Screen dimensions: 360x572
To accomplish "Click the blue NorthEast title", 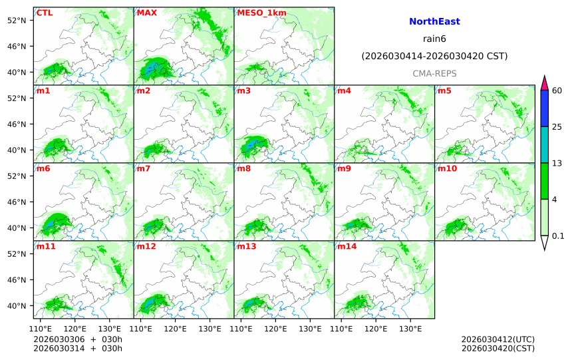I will coord(434,21).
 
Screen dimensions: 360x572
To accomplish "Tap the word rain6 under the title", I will coord(434,39).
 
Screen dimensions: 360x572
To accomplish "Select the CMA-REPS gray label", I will coord(434,73).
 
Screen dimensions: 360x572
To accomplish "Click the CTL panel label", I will coord(44,13).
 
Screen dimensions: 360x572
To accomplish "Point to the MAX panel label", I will coord(146,13).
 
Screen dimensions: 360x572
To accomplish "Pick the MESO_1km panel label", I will coord(257,13).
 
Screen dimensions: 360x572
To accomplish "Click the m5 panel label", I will coord(444,90).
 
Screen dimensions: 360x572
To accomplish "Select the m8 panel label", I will coord(243,168).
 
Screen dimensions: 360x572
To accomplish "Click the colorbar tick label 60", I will coord(558,90).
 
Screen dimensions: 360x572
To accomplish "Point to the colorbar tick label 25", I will coord(558,127).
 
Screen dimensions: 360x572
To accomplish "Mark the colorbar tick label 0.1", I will coord(558,236).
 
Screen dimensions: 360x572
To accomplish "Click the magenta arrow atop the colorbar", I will coord(545,83).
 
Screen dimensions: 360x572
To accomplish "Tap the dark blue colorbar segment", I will coord(545,108).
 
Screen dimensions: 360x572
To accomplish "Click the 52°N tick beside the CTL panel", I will coord(21,20).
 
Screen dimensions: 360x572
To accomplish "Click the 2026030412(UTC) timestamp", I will coord(498,339).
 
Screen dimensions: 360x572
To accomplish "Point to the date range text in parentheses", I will coord(434,56).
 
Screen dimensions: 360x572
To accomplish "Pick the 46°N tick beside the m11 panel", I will coord(21,279).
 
